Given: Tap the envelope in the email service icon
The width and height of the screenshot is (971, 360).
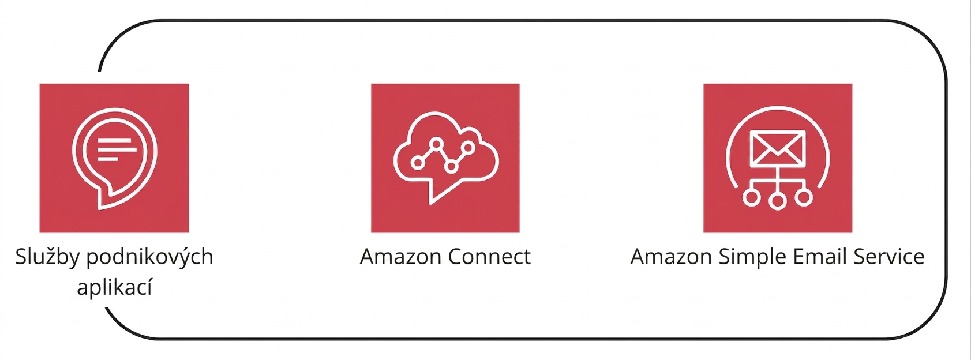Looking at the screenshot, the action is pos(778,148).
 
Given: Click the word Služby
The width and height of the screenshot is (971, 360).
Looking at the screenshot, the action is pos(48,257).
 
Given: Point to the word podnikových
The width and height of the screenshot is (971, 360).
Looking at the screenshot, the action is pos(150,257).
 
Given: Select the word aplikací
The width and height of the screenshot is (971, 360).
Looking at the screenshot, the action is pos(114,287).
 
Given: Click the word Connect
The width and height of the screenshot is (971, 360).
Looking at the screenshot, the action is pos(489,257).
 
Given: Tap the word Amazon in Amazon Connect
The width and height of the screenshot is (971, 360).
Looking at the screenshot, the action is pos(400,257).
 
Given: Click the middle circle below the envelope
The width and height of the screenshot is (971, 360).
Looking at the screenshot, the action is pos(778,201).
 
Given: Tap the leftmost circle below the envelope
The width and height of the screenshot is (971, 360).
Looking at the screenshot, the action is pos(751,197).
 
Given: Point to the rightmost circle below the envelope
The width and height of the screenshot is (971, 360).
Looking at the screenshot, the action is pos(804,197).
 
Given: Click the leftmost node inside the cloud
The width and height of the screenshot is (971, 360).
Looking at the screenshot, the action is pos(418,163).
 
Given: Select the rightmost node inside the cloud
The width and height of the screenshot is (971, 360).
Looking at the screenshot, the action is pos(468,148).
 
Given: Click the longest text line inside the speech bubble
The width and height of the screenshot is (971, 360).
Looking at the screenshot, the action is pos(118,149).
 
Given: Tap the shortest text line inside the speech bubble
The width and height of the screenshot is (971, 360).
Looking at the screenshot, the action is pos(108,159).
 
